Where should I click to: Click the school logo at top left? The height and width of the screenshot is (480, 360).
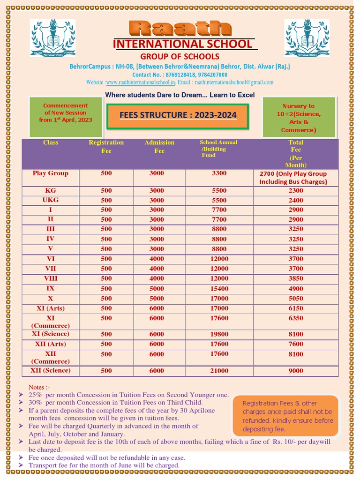[52, 38]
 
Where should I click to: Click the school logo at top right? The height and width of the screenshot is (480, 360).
[307, 38]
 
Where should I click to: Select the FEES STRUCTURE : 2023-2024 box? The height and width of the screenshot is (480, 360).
[178, 116]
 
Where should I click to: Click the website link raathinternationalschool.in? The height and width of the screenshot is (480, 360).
[141, 82]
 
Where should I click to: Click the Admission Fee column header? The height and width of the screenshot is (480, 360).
[159, 146]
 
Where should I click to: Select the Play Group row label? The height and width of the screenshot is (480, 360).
[51, 173]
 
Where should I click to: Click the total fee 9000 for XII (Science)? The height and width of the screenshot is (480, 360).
[296, 371]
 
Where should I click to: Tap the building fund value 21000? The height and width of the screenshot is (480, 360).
[219, 371]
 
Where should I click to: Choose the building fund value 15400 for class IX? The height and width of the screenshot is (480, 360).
[219, 289]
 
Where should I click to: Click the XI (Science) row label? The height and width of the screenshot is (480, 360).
[51, 334]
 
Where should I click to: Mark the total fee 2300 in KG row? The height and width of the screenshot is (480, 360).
[296, 191]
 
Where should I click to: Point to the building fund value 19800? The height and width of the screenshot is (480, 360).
[219, 334]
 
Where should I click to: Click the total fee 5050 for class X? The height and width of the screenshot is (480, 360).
[296, 299]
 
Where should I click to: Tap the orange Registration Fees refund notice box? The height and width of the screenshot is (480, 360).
[285, 416]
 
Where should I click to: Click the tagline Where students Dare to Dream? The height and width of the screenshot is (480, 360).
[180, 95]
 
